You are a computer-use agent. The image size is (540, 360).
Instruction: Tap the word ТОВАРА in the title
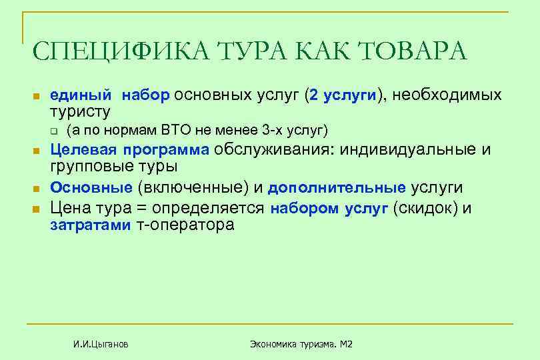tap(413, 52)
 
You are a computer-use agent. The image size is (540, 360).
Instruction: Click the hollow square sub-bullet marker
tap(55, 129)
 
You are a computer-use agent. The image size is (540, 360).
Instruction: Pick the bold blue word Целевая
tap(81, 149)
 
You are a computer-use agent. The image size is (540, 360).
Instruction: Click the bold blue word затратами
tap(91, 225)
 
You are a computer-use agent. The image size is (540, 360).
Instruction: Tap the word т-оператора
tap(185, 225)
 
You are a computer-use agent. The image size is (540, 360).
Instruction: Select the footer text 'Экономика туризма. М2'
tap(301, 344)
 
